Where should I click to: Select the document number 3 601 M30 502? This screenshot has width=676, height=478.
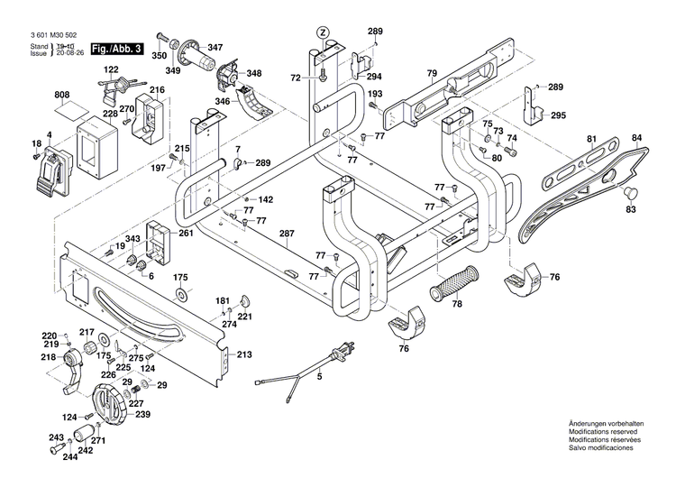42,37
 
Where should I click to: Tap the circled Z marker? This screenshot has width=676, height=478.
322,32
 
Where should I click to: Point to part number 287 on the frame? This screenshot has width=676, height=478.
287,234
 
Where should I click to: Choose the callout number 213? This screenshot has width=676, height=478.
243,355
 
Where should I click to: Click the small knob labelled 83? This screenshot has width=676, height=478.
630,192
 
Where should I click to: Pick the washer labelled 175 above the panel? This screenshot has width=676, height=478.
180,295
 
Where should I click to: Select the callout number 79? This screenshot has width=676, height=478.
432,73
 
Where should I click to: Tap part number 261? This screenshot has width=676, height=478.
186,234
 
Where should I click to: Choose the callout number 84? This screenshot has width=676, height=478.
637,138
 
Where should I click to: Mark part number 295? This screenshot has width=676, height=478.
558,115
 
